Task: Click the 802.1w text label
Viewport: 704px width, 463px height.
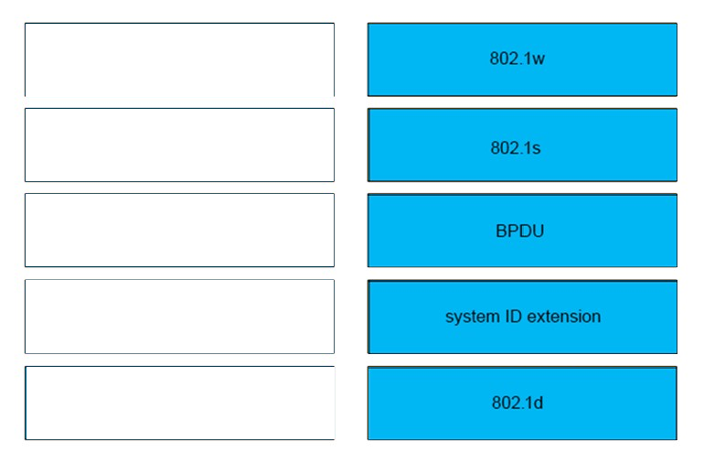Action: pyautogui.click(x=517, y=59)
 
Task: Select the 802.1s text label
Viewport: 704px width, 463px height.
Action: pyautogui.click(x=516, y=148)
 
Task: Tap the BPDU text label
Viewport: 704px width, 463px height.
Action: pyautogui.click(x=520, y=231)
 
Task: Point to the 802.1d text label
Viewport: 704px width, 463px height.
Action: pyautogui.click(x=517, y=403)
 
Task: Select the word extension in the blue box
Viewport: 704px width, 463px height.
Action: pyautogui.click(x=564, y=317)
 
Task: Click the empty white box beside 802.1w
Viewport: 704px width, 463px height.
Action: pyautogui.click(x=179, y=59)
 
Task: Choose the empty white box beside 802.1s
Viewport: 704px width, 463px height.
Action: pyautogui.click(x=179, y=145)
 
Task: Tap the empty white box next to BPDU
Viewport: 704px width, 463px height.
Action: pyautogui.click(x=179, y=231)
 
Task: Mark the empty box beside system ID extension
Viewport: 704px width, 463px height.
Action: pyautogui.click(x=179, y=317)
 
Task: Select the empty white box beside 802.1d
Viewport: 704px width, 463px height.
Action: pyautogui.click(x=179, y=403)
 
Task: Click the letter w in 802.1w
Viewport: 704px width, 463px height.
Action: pyautogui.click(x=539, y=59)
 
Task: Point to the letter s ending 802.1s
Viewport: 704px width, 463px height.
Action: pyautogui.click(x=537, y=149)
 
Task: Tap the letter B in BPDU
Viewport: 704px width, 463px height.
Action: pyautogui.click(x=502, y=231)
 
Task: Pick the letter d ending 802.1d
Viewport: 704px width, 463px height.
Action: pyautogui.click(x=538, y=403)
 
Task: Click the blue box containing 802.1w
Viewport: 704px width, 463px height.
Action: pyautogui.click(x=522, y=59)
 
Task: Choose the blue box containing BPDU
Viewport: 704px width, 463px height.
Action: pyautogui.click(x=522, y=231)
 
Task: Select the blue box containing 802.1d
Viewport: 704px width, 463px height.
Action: pyautogui.click(x=522, y=403)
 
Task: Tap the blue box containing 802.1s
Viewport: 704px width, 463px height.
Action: pyautogui.click(x=522, y=145)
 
